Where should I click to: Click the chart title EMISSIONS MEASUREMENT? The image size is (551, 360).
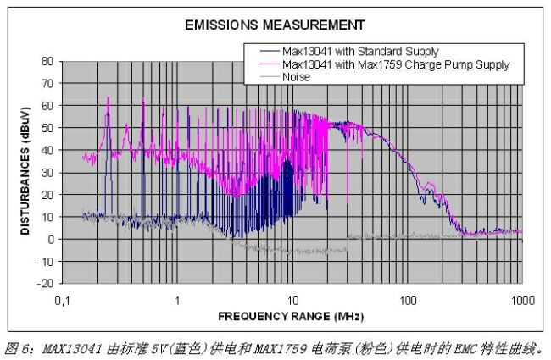(275, 25)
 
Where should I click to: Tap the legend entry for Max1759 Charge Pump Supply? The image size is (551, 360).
(395, 64)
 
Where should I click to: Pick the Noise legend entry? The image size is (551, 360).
(296, 76)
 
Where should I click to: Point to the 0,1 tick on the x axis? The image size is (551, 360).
(62, 302)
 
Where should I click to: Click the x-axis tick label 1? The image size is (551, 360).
(177, 302)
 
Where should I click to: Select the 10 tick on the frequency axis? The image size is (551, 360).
(292, 302)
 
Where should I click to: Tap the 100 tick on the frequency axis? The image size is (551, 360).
(408, 302)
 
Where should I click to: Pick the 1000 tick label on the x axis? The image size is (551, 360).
(522, 302)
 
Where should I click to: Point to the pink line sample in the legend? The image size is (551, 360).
(264, 64)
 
